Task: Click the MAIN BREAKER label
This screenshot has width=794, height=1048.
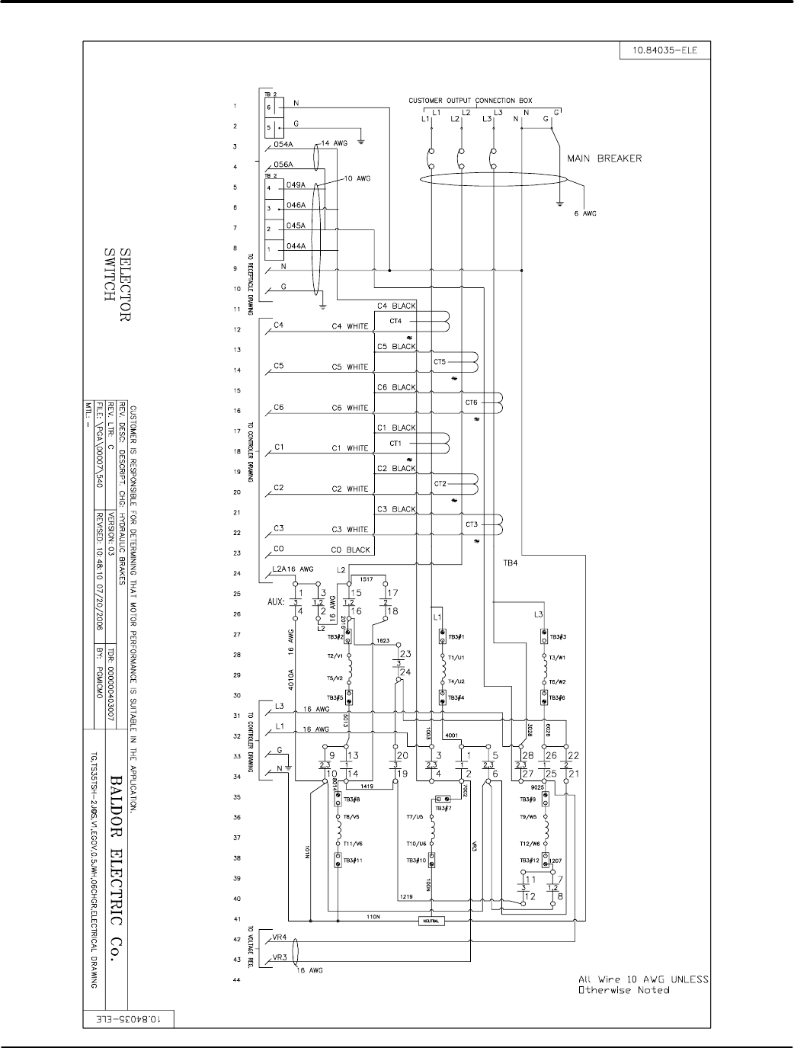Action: click(x=604, y=159)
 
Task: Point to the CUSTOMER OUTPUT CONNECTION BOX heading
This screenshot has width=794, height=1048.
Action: click(x=470, y=101)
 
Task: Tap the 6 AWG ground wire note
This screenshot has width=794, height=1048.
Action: click(x=584, y=213)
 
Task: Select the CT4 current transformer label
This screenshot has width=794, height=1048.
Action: click(x=395, y=321)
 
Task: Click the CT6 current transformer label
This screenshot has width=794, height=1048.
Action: click(x=471, y=402)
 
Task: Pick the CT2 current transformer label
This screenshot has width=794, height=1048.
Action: click(x=440, y=484)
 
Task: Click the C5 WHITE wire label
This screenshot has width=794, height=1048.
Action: click(x=350, y=367)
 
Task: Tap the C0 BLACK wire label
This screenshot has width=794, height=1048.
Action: click(x=351, y=550)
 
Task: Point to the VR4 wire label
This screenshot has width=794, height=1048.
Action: click(x=279, y=937)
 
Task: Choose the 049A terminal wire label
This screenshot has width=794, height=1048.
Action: click(x=296, y=185)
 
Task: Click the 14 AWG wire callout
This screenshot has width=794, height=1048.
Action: click(x=335, y=143)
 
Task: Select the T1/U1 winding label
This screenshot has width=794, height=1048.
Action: click(x=456, y=657)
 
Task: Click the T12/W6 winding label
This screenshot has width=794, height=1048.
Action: click(x=530, y=844)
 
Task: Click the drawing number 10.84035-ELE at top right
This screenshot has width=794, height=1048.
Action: click(x=660, y=52)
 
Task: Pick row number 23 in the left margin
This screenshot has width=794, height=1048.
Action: click(x=236, y=553)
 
